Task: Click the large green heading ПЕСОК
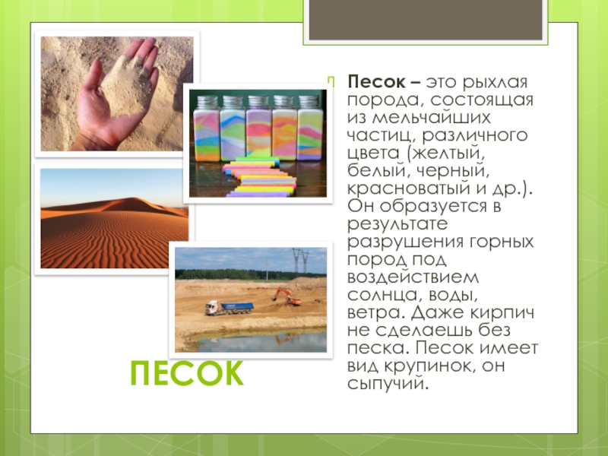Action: point(187,373)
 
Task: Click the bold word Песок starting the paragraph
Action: point(376,82)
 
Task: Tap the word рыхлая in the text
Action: point(496,83)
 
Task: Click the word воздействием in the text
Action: point(413,278)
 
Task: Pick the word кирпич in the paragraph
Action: point(502,313)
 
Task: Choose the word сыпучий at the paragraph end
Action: point(388,384)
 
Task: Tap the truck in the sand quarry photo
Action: point(230,308)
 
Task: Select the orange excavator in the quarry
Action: point(287,296)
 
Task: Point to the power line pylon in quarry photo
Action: point(300,261)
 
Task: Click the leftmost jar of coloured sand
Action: point(206,128)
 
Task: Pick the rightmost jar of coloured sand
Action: point(310,128)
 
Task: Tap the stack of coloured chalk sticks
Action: point(259,177)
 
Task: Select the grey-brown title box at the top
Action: point(426,20)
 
